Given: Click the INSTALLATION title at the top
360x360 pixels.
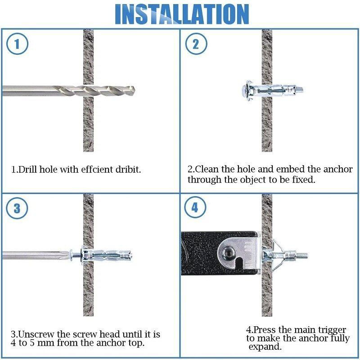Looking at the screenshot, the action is coord(182,14).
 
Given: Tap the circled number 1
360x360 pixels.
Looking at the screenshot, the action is coord(17,44).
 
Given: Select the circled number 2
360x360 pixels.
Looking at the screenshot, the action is coord(196,44).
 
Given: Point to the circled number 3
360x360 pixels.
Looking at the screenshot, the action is coord(17,208).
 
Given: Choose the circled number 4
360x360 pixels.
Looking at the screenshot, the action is coord(195,207).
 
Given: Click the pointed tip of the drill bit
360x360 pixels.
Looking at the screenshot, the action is coord(135,91).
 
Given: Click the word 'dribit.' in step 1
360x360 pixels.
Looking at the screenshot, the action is coord(128,170).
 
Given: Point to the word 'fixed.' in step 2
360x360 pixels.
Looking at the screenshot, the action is coord(303,180).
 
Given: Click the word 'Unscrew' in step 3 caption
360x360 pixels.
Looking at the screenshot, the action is coord(36,334).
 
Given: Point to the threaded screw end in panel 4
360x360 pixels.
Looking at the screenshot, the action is coord(302,255).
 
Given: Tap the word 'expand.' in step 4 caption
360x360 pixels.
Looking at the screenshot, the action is coord(265,346).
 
